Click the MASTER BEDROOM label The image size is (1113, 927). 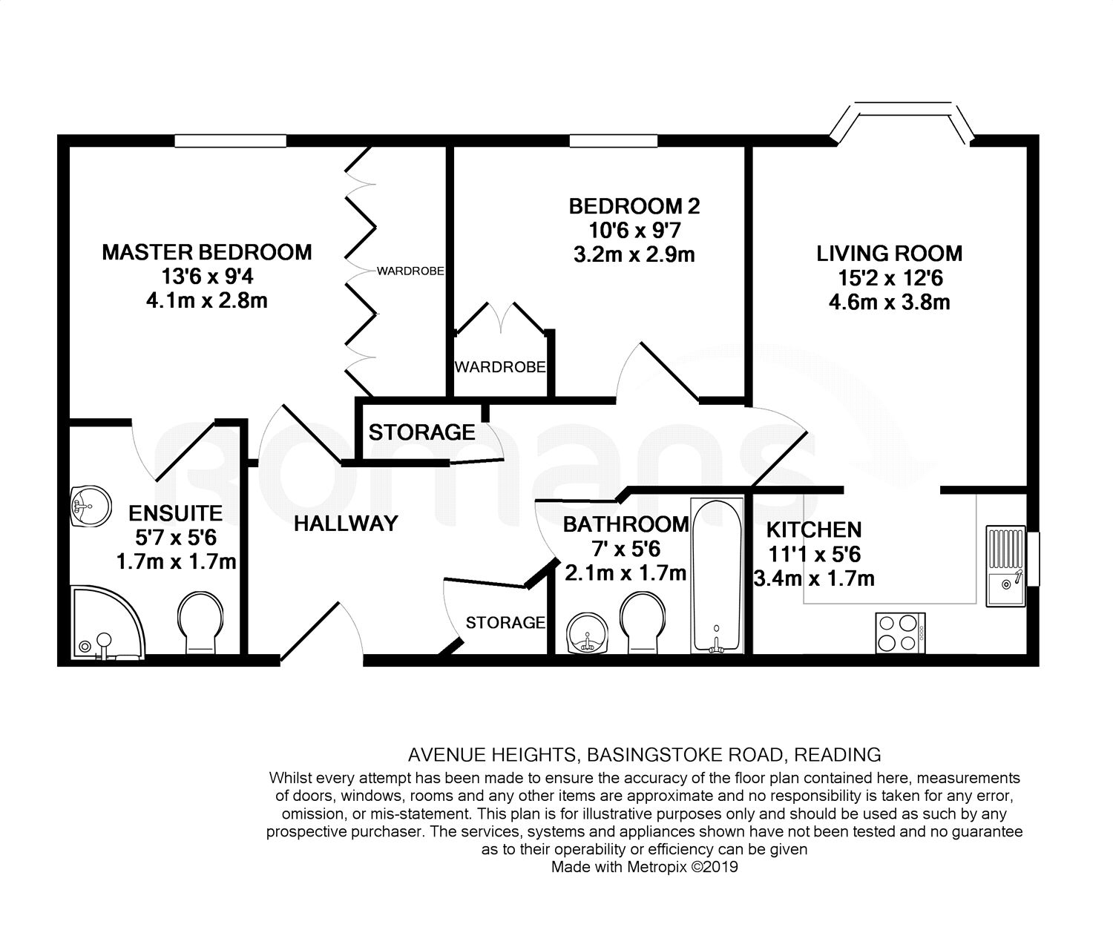[x=207, y=253]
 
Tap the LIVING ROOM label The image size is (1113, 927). [x=889, y=254]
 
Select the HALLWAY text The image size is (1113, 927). [x=346, y=524]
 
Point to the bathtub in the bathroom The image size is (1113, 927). [x=717, y=576]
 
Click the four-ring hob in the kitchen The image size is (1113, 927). [x=900, y=633]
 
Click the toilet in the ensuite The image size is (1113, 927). [x=200, y=623]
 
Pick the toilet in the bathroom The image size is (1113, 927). [x=643, y=623]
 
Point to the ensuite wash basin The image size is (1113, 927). [x=90, y=506]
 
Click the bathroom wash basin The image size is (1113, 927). [x=587, y=633]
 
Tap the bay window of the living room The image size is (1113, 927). [x=902, y=122]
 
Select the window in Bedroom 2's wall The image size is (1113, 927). [x=613, y=141]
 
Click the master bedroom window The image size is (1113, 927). [x=230, y=141]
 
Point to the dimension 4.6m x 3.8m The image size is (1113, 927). [x=889, y=303]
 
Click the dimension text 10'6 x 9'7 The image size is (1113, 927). [x=634, y=231]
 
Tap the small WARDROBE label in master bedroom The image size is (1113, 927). [x=410, y=271]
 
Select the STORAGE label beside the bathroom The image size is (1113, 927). [x=505, y=622]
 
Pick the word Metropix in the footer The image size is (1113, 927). [x=657, y=867]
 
